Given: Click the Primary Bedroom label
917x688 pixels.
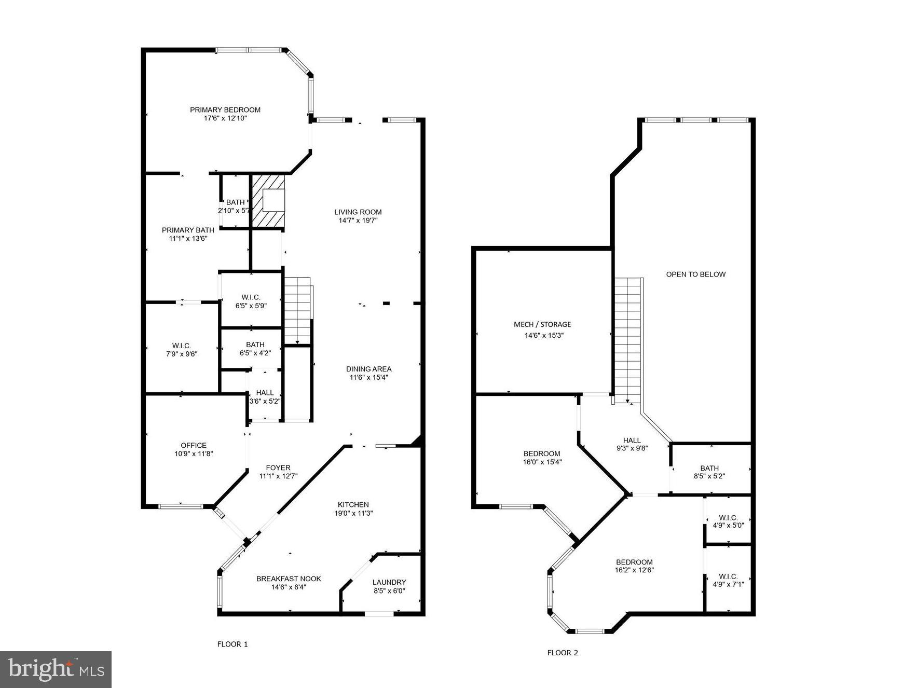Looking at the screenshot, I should (225, 110).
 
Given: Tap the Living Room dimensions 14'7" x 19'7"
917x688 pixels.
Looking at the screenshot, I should (358, 220).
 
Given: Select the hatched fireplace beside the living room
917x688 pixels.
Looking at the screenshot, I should (268, 201).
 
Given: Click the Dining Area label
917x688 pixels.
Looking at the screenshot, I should (368, 369).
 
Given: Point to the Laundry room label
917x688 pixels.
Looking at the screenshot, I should (389, 582).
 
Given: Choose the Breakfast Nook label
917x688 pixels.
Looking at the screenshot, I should (289, 579).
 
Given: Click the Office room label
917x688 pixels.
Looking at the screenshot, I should (194, 445).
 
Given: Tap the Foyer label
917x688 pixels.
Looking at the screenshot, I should (278, 467).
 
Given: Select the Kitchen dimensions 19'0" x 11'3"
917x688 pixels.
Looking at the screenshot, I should (353, 513).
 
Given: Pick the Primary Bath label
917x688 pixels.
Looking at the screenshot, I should (188, 230).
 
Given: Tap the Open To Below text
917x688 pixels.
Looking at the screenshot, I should (695, 274).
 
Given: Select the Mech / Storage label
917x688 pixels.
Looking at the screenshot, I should (542, 324).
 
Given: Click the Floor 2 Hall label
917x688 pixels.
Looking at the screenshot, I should (632, 440).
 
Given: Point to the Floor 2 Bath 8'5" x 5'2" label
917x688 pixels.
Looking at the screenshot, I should (709, 468).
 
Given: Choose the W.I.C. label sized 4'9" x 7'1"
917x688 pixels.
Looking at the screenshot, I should (728, 576).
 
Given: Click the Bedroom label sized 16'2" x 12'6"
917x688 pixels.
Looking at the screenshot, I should (634, 562).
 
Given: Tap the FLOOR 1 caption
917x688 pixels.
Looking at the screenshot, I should (232, 644).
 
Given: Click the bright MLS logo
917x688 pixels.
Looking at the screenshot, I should (56, 669).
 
